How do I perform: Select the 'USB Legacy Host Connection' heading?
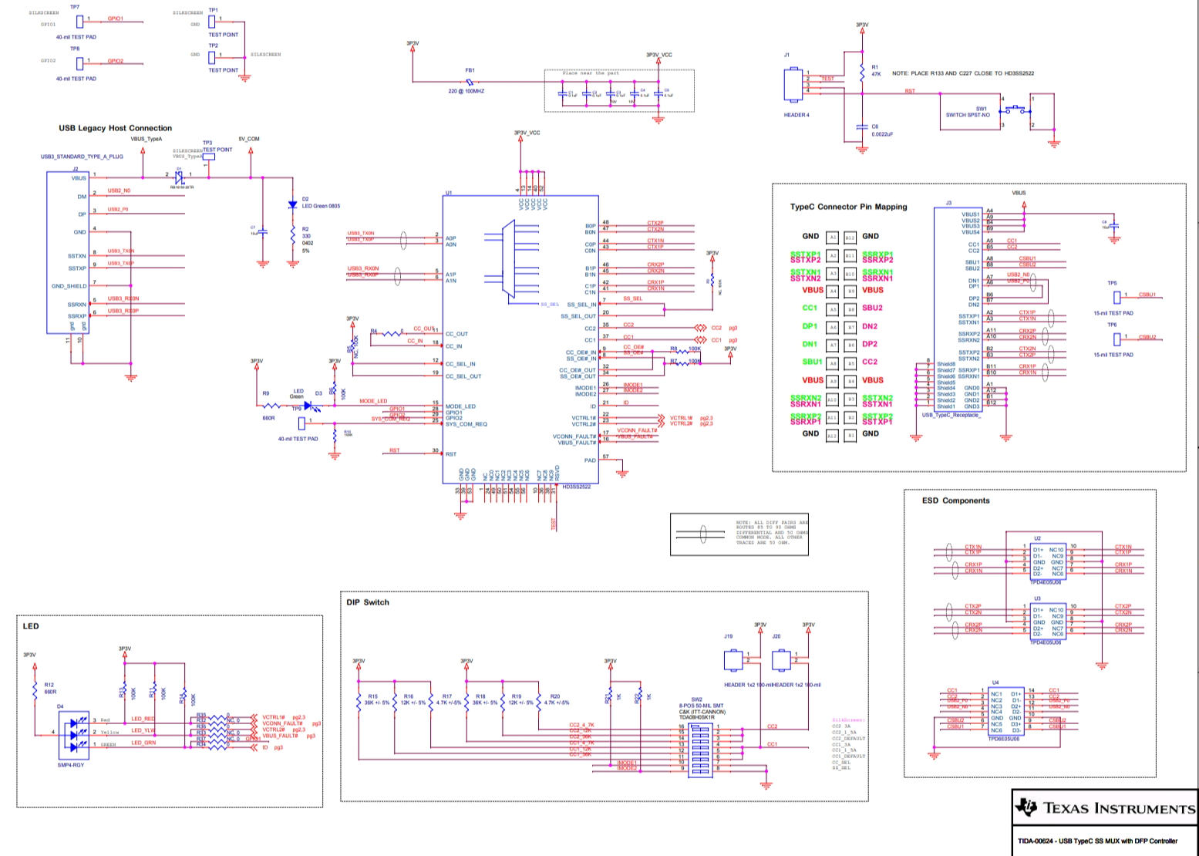(115, 128)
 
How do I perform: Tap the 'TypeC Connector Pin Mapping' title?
(848, 207)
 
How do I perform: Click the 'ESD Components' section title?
(955, 500)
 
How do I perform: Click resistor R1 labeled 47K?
(862, 72)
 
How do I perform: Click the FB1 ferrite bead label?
(470, 70)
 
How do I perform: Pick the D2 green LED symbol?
(292, 205)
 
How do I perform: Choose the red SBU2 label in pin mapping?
(872, 308)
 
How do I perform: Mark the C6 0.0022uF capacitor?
(862, 128)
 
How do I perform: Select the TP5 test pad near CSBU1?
(1117, 295)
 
